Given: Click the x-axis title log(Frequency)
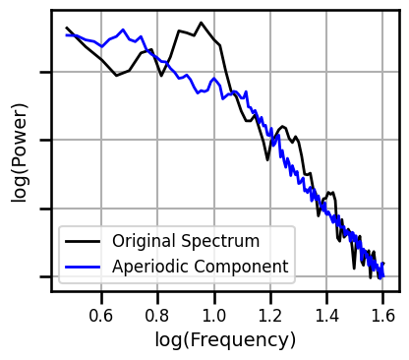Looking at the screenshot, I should point(225,340).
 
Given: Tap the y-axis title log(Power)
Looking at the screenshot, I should point(20,152).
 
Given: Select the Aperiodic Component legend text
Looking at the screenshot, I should point(200,266).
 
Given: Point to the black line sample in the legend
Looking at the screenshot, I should point(84,241).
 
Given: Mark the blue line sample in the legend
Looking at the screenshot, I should point(84,266).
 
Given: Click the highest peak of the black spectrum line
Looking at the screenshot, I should point(201,23).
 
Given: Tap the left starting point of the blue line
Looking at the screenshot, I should point(66,34).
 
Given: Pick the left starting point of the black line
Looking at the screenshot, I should point(66,28).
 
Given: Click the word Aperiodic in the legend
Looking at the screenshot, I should point(148,266).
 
